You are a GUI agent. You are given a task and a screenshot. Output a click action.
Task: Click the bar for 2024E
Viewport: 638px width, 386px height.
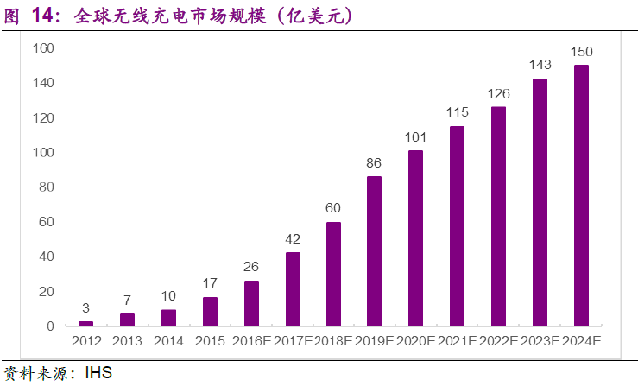point(581,195)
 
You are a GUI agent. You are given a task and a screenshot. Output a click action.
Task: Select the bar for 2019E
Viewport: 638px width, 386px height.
point(374,250)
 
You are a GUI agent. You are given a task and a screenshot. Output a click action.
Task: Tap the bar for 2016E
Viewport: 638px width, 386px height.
point(251,303)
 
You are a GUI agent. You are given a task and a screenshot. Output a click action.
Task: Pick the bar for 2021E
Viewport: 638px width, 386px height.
point(457,225)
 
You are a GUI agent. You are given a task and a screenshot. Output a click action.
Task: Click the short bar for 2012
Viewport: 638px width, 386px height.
point(85,323)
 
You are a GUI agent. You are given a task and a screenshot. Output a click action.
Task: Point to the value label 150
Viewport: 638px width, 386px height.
point(581,53)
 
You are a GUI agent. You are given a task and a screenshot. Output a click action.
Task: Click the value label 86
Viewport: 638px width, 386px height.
point(374,163)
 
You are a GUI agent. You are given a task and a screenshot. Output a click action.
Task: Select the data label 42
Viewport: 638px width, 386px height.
point(293,239)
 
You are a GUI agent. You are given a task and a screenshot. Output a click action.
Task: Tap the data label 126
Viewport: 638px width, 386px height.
point(498,94)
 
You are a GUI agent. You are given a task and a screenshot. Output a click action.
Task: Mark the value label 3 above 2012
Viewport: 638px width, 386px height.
point(85,308)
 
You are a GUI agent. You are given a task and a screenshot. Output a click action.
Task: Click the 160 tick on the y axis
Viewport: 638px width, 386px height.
point(43,48)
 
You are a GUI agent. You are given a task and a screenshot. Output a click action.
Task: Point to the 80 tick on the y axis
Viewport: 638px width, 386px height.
point(47,187)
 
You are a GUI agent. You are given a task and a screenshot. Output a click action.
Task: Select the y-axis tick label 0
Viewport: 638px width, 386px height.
point(50,326)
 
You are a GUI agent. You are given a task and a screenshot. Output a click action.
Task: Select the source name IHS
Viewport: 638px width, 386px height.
point(98,374)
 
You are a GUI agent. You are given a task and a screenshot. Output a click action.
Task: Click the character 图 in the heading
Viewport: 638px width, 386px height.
point(13,16)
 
